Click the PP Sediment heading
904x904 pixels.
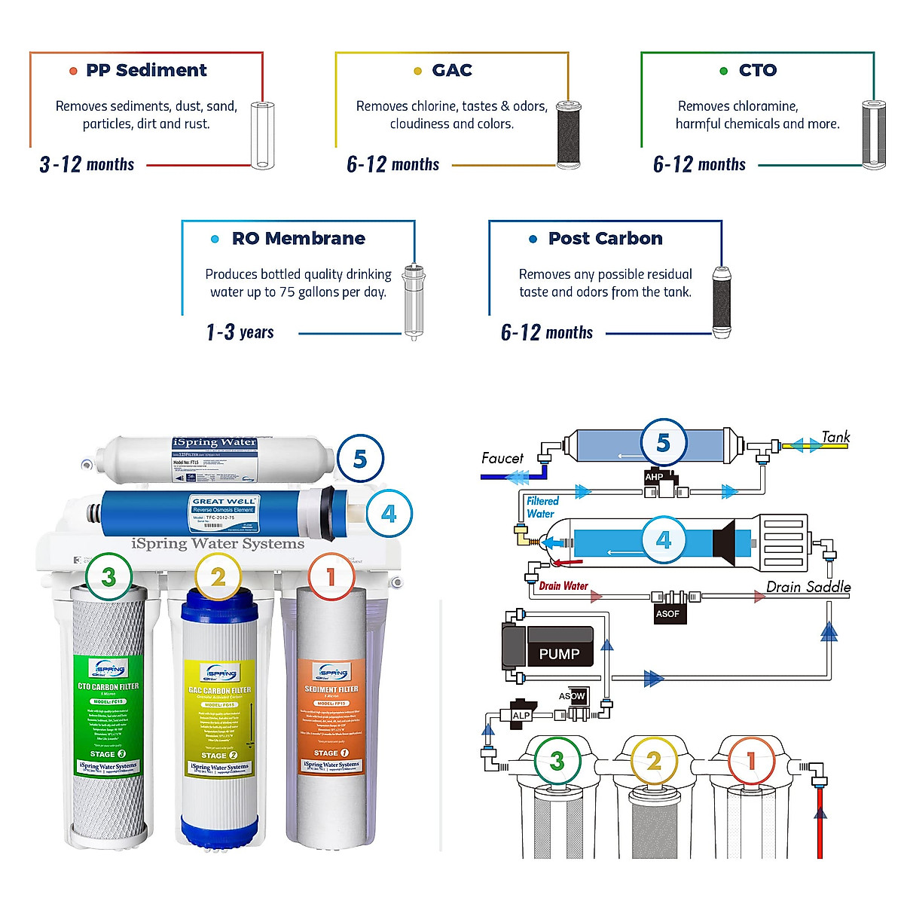click(x=146, y=70)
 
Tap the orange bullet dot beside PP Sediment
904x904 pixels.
click(x=73, y=71)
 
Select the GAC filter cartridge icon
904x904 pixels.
click(x=569, y=135)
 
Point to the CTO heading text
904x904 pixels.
click(x=757, y=70)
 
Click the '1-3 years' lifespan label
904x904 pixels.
click(x=240, y=332)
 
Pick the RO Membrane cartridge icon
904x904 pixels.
click(x=414, y=301)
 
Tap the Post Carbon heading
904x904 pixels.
click(x=605, y=238)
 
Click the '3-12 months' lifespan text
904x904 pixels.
click(x=87, y=164)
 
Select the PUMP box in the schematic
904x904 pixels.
click(x=558, y=653)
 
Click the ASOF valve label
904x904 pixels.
click(x=667, y=613)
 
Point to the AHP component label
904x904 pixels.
click(x=654, y=477)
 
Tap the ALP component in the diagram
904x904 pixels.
click(x=521, y=715)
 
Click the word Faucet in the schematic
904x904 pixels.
click(x=502, y=458)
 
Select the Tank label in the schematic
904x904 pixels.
click(x=835, y=437)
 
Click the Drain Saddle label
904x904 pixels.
click(x=808, y=587)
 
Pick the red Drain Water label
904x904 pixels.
click(x=563, y=585)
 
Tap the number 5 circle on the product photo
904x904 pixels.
click(x=359, y=459)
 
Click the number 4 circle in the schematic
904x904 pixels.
click(x=663, y=540)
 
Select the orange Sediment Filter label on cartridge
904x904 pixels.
click(x=331, y=708)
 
